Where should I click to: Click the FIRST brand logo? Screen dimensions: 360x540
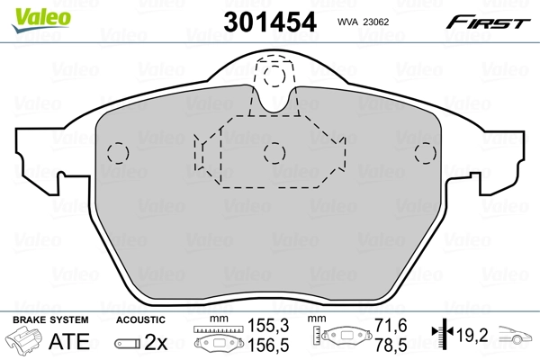click(491, 19)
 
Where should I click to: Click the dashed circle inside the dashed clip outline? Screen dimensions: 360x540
click(274, 151)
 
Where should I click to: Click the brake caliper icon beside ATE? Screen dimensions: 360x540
click(24, 341)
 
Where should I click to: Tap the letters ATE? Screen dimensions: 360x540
click(68, 342)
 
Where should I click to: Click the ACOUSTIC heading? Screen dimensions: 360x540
click(141, 320)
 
